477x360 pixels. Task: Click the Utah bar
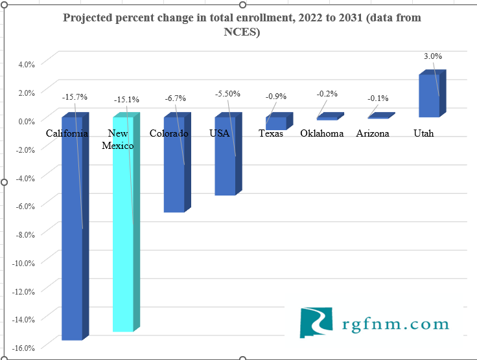pyautogui.click(x=428, y=96)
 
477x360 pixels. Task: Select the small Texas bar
pyautogui.click(x=275, y=123)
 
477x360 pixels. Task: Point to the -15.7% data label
pyautogui.click(x=75, y=97)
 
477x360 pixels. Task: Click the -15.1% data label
pyautogui.click(x=126, y=100)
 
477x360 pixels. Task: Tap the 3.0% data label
pyautogui.click(x=433, y=56)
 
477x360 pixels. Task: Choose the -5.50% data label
pyautogui.click(x=227, y=94)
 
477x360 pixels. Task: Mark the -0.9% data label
pyautogui.click(x=275, y=96)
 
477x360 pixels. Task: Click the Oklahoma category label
pyautogui.click(x=322, y=133)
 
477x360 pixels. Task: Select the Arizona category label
pyautogui.click(x=373, y=133)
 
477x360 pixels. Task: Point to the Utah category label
pyautogui.click(x=423, y=133)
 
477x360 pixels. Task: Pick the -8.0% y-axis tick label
pyautogui.click(x=25, y=234)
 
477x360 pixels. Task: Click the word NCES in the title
pyautogui.click(x=242, y=32)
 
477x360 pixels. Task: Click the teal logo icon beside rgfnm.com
pyautogui.click(x=316, y=322)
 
